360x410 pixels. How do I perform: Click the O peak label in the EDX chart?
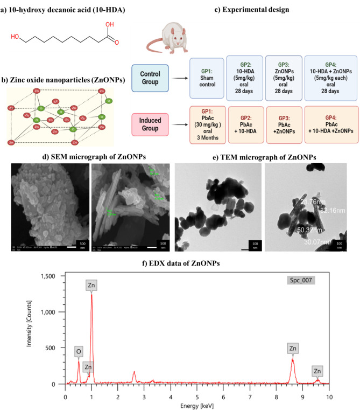coord(79,352)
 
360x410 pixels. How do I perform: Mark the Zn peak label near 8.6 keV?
coord(293,349)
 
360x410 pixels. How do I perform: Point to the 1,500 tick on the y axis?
coord(50,276)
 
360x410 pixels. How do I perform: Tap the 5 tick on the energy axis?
coord(197,390)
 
